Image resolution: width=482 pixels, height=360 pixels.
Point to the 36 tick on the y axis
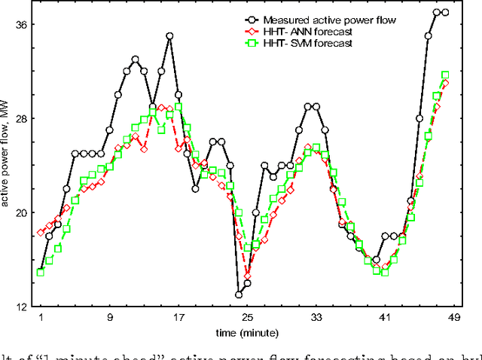[x=22, y=25]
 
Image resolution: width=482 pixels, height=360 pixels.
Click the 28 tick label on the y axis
[x=22, y=118]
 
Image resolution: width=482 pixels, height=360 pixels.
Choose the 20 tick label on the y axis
[x=22, y=212]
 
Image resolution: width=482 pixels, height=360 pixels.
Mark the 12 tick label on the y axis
[x=22, y=306]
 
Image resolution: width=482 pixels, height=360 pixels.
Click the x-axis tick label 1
[x=41, y=319]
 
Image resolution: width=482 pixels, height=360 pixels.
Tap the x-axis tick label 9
[x=110, y=319]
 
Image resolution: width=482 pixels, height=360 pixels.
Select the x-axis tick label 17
[x=178, y=319]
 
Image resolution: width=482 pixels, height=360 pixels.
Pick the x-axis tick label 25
[x=248, y=319]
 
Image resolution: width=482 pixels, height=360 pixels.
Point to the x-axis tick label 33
[x=316, y=319]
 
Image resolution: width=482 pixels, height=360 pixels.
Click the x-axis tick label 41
[x=386, y=319]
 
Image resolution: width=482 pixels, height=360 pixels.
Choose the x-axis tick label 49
[x=454, y=319]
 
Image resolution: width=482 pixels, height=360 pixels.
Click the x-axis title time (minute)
[x=248, y=332]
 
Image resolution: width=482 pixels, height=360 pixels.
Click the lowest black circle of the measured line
[x=239, y=294]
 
